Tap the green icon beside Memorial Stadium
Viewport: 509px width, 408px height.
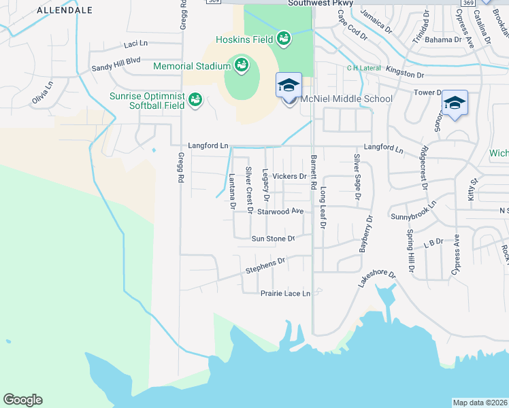click(x=240, y=66)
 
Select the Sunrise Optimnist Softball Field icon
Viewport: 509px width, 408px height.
click(x=195, y=100)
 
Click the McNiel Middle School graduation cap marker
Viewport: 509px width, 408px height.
click(x=289, y=86)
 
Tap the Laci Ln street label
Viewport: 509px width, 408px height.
click(x=136, y=44)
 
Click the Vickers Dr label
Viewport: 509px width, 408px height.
click(x=289, y=176)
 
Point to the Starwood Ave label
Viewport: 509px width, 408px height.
click(x=280, y=211)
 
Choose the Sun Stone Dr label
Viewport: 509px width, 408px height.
click(x=272, y=239)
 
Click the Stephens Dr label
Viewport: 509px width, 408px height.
click(x=265, y=265)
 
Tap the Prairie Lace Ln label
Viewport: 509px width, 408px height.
click(x=285, y=294)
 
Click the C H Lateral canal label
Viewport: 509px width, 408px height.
click(x=362, y=67)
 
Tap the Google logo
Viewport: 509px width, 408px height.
click(x=22, y=400)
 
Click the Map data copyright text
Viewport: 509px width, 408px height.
click(x=480, y=403)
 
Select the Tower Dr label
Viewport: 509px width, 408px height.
click(x=428, y=92)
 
